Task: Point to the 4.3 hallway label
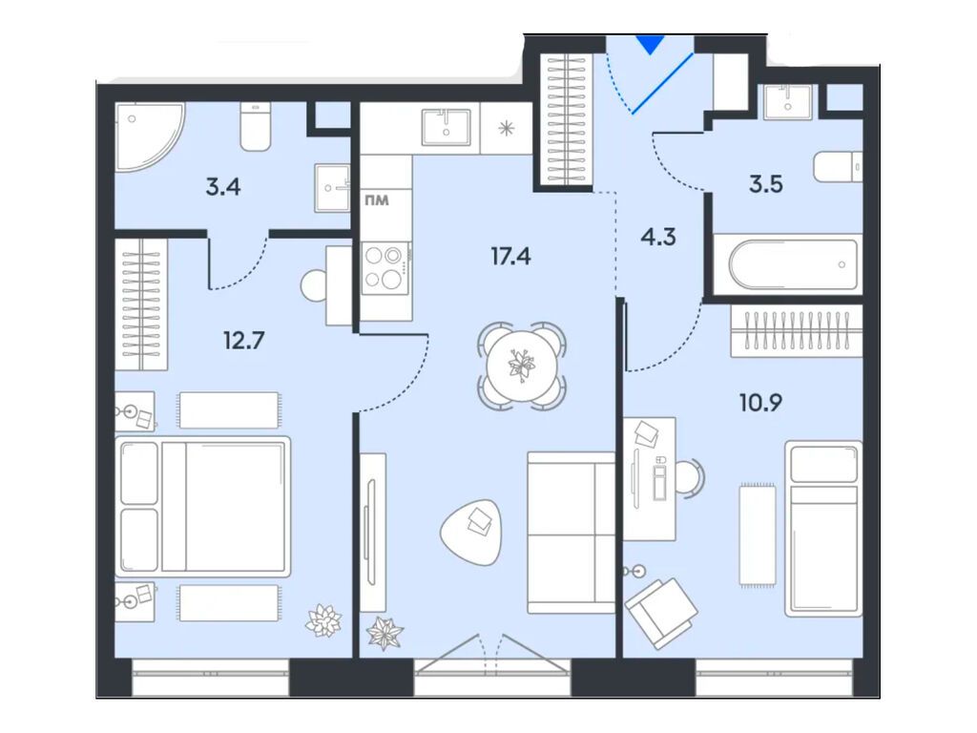657,236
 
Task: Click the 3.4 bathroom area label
222,185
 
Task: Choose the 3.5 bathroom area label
764,184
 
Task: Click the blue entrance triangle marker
649,44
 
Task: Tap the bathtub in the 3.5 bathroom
794,265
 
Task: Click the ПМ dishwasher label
376,201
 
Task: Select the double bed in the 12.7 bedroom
203,507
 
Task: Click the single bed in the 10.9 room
822,528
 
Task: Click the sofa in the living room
571,532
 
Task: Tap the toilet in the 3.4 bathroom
257,128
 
